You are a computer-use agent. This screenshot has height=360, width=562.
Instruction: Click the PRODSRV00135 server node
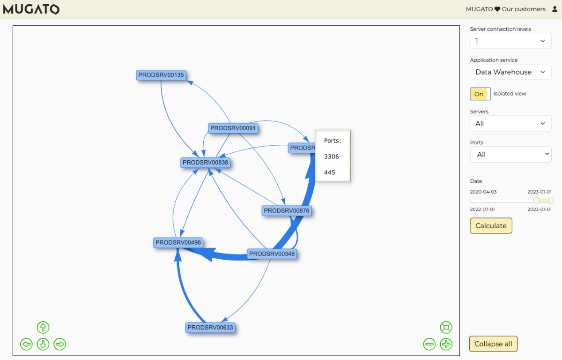[x=161, y=75]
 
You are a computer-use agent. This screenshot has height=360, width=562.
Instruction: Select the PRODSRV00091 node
[x=233, y=128]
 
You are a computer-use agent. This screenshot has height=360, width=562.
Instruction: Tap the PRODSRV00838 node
[x=206, y=163]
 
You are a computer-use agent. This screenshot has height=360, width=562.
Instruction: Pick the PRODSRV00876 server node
[x=287, y=211]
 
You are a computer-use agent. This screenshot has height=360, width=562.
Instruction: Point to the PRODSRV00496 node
[x=178, y=243]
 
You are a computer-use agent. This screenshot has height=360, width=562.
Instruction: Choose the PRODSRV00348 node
[x=272, y=254]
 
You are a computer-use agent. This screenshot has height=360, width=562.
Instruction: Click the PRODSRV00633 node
[x=210, y=328]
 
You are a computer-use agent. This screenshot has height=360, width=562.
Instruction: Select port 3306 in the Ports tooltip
[x=332, y=157]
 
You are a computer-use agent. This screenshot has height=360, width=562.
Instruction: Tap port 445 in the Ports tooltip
[x=330, y=172]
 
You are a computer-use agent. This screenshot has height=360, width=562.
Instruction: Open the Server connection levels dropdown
[x=510, y=41]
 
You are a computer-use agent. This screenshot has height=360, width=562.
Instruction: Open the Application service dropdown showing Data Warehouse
[x=510, y=72]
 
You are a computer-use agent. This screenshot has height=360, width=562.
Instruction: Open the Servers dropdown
[x=510, y=124]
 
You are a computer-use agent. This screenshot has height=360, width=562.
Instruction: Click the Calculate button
[x=491, y=226]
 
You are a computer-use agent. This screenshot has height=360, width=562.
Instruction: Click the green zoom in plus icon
[x=446, y=345]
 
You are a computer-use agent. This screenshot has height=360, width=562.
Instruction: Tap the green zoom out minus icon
[x=429, y=345]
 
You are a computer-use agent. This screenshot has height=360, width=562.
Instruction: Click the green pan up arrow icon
[x=43, y=328]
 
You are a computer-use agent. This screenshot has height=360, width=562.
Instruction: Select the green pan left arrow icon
[x=26, y=345]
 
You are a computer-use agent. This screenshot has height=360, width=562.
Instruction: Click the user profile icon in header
[x=555, y=9]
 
